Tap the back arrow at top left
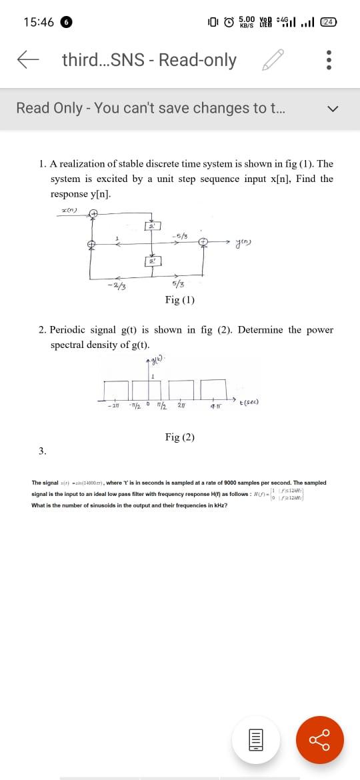click(x=27, y=61)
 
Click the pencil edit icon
click(x=274, y=61)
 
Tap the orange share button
click(x=319, y=721)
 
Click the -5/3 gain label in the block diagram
click(x=178, y=235)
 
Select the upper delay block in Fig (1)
click(x=153, y=227)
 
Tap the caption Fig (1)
click(x=180, y=300)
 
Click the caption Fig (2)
click(x=180, y=437)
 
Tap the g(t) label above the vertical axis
click(x=157, y=362)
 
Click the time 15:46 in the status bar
click(x=39, y=22)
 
